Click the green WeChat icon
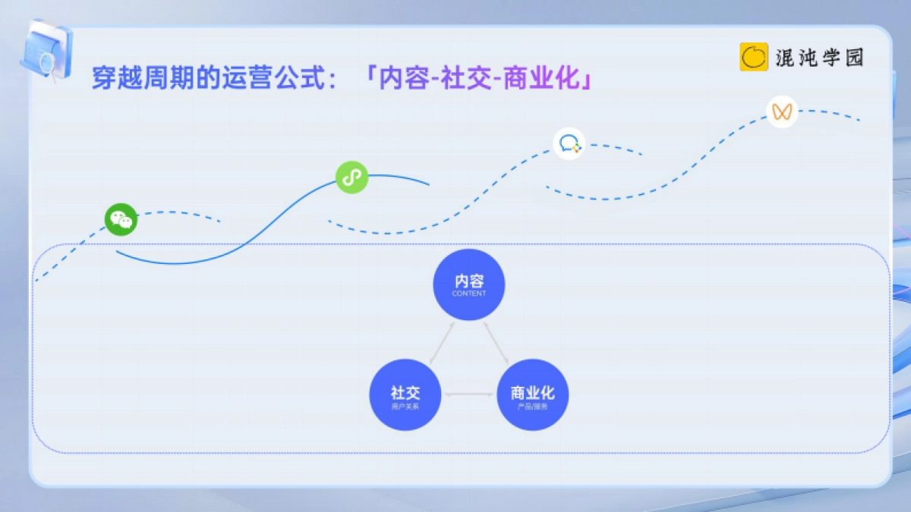point(121,220)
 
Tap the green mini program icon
point(351,177)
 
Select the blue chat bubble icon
point(569,143)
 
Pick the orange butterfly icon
point(782,112)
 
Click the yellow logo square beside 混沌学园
point(754,57)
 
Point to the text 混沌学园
point(820,58)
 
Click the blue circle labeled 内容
point(469,284)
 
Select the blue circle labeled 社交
point(405,394)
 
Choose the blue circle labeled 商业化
point(532,394)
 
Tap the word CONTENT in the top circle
point(469,294)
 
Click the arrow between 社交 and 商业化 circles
point(468,394)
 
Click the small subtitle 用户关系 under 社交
point(405,407)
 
